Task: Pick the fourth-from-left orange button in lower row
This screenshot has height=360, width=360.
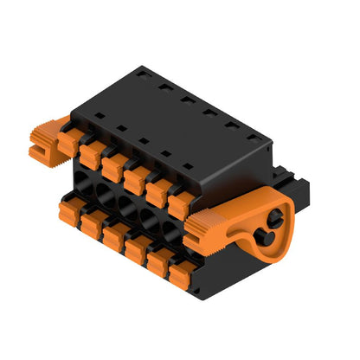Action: tap(135, 247)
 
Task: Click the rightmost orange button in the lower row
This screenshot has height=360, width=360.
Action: tap(180, 274)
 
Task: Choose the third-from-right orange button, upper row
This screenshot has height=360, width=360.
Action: tap(135, 177)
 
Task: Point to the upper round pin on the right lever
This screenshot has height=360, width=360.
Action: tap(279, 209)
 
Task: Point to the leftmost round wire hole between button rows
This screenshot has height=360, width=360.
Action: tap(85, 186)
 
